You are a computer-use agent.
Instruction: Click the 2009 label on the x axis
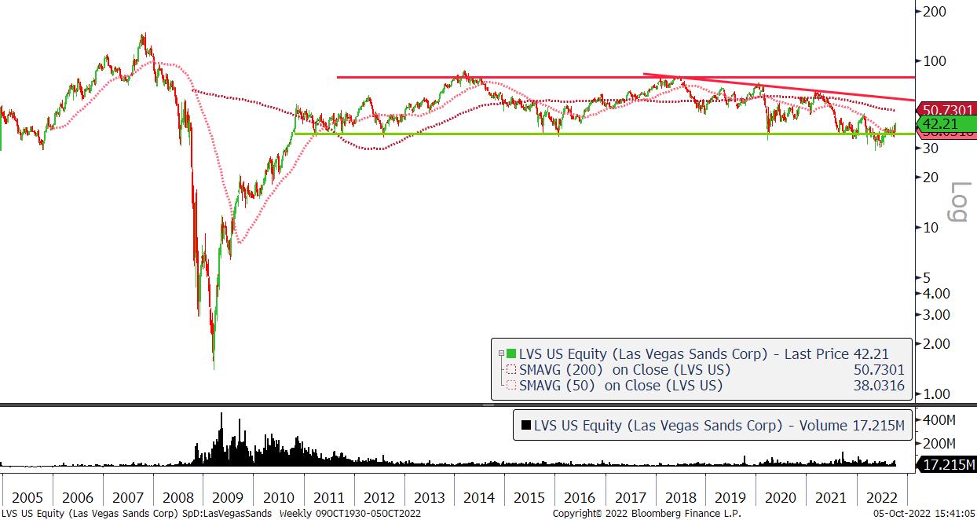(227, 497)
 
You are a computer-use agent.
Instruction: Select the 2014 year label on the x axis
(478, 497)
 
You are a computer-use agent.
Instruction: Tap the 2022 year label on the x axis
(881, 497)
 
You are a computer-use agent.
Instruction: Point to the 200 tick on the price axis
(934, 11)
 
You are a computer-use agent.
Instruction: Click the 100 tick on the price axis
(934, 61)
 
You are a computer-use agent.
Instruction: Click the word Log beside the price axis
(960, 201)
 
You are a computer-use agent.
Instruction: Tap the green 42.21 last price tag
(947, 123)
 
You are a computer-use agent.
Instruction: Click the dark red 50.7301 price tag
(947, 110)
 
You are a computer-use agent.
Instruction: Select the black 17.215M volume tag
(948, 465)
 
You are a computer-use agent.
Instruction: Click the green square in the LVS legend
(511, 354)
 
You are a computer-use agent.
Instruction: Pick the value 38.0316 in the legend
(878, 386)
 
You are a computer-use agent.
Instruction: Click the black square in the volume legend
(525, 426)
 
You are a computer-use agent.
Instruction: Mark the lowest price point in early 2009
(214, 367)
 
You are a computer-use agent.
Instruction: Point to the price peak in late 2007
(143, 35)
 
